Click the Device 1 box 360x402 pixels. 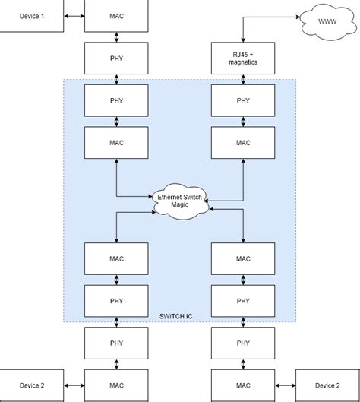click(x=30, y=16)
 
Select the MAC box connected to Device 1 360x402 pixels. click(x=116, y=16)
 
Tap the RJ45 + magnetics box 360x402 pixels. click(x=242, y=57)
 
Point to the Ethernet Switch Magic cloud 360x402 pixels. click(x=179, y=201)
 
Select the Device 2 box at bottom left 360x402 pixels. click(x=30, y=385)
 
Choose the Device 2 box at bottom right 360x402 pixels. click(x=326, y=385)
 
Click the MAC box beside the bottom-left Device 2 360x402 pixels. click(x=116, y=385)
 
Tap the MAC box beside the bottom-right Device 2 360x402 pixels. click(x=242, y=385)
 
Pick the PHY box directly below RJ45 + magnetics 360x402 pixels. click(x=242, y=100)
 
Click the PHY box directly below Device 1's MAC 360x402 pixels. click(x=116, y=57)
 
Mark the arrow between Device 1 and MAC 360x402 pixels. click(x=74, y=16)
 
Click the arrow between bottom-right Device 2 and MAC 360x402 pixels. click(x=284, y=385)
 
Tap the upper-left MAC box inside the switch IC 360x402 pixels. click(x=116, y=141)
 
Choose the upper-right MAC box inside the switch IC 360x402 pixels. click(x=242, y=141)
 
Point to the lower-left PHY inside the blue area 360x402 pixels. click(x=116, y=300)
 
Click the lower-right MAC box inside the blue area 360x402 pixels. click(x=242, y=258)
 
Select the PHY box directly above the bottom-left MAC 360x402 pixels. click(x=116, y=343)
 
